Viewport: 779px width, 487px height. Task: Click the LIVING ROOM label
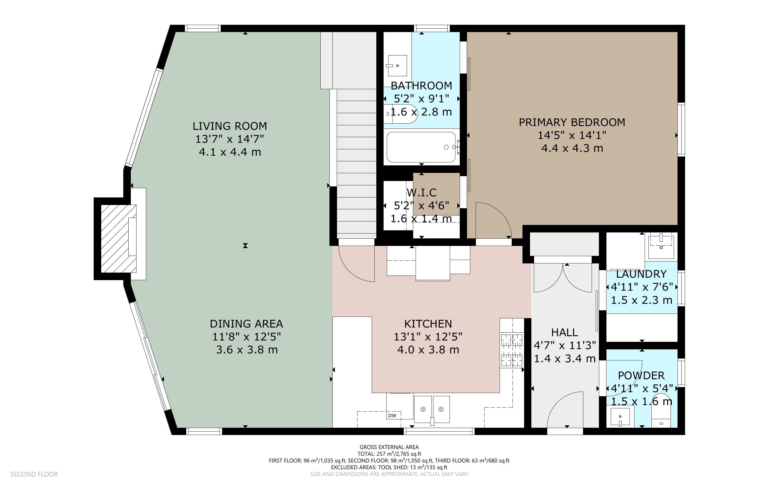click(x=230, y=126)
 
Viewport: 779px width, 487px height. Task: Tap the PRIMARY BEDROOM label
click(x=572, y=122)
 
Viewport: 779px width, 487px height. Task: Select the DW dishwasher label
click(x=392, y=416)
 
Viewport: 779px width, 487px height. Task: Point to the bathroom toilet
click(x=402, y=114)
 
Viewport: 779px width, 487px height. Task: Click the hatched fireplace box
click(x=118, y=239)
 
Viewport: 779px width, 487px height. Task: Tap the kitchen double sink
click(x=432, y=410)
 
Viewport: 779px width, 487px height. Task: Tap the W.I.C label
click(x=422, y=193)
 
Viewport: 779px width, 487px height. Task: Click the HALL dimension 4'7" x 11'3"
click(x=565, y=345)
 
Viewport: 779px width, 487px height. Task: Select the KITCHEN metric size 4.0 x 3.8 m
click(x=428, y=349)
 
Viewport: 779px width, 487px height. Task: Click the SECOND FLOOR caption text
click(x=34, y=474)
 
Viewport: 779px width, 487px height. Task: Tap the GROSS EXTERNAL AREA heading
click(x=389, y=447)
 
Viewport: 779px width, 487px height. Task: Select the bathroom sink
click(x=397, y=66)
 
